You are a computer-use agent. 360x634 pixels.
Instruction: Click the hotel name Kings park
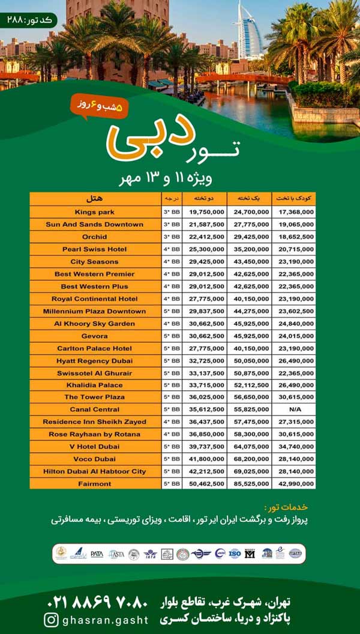point(95,212)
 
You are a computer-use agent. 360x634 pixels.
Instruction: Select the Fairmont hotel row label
point(95,483)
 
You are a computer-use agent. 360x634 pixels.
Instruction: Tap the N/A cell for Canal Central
point(294,409)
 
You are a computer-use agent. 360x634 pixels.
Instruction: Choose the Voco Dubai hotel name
point(95,459)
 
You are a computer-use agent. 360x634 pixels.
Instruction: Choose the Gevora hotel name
point(95,336)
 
